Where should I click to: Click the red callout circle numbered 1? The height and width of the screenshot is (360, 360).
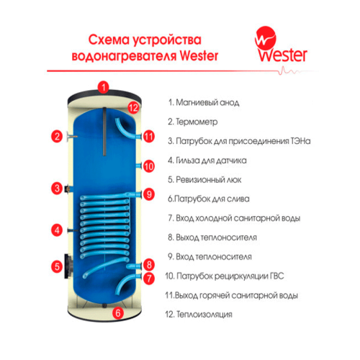(104, 88)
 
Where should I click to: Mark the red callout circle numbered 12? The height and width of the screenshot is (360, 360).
(132, 108)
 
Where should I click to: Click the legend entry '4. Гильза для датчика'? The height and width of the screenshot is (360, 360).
(214, 161)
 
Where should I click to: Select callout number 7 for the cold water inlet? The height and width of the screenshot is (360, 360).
(149, 277)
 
